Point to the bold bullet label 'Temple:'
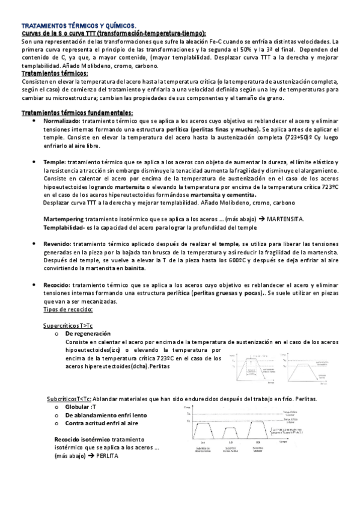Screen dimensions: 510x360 point(54,162)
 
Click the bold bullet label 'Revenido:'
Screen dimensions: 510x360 point(57,244)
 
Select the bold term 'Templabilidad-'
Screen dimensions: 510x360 point(64,228)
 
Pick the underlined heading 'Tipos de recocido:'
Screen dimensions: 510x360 point(69,309)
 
